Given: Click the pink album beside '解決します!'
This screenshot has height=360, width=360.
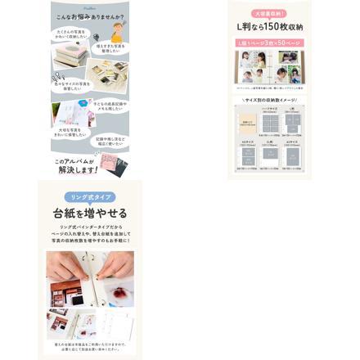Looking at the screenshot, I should [114, 163].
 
